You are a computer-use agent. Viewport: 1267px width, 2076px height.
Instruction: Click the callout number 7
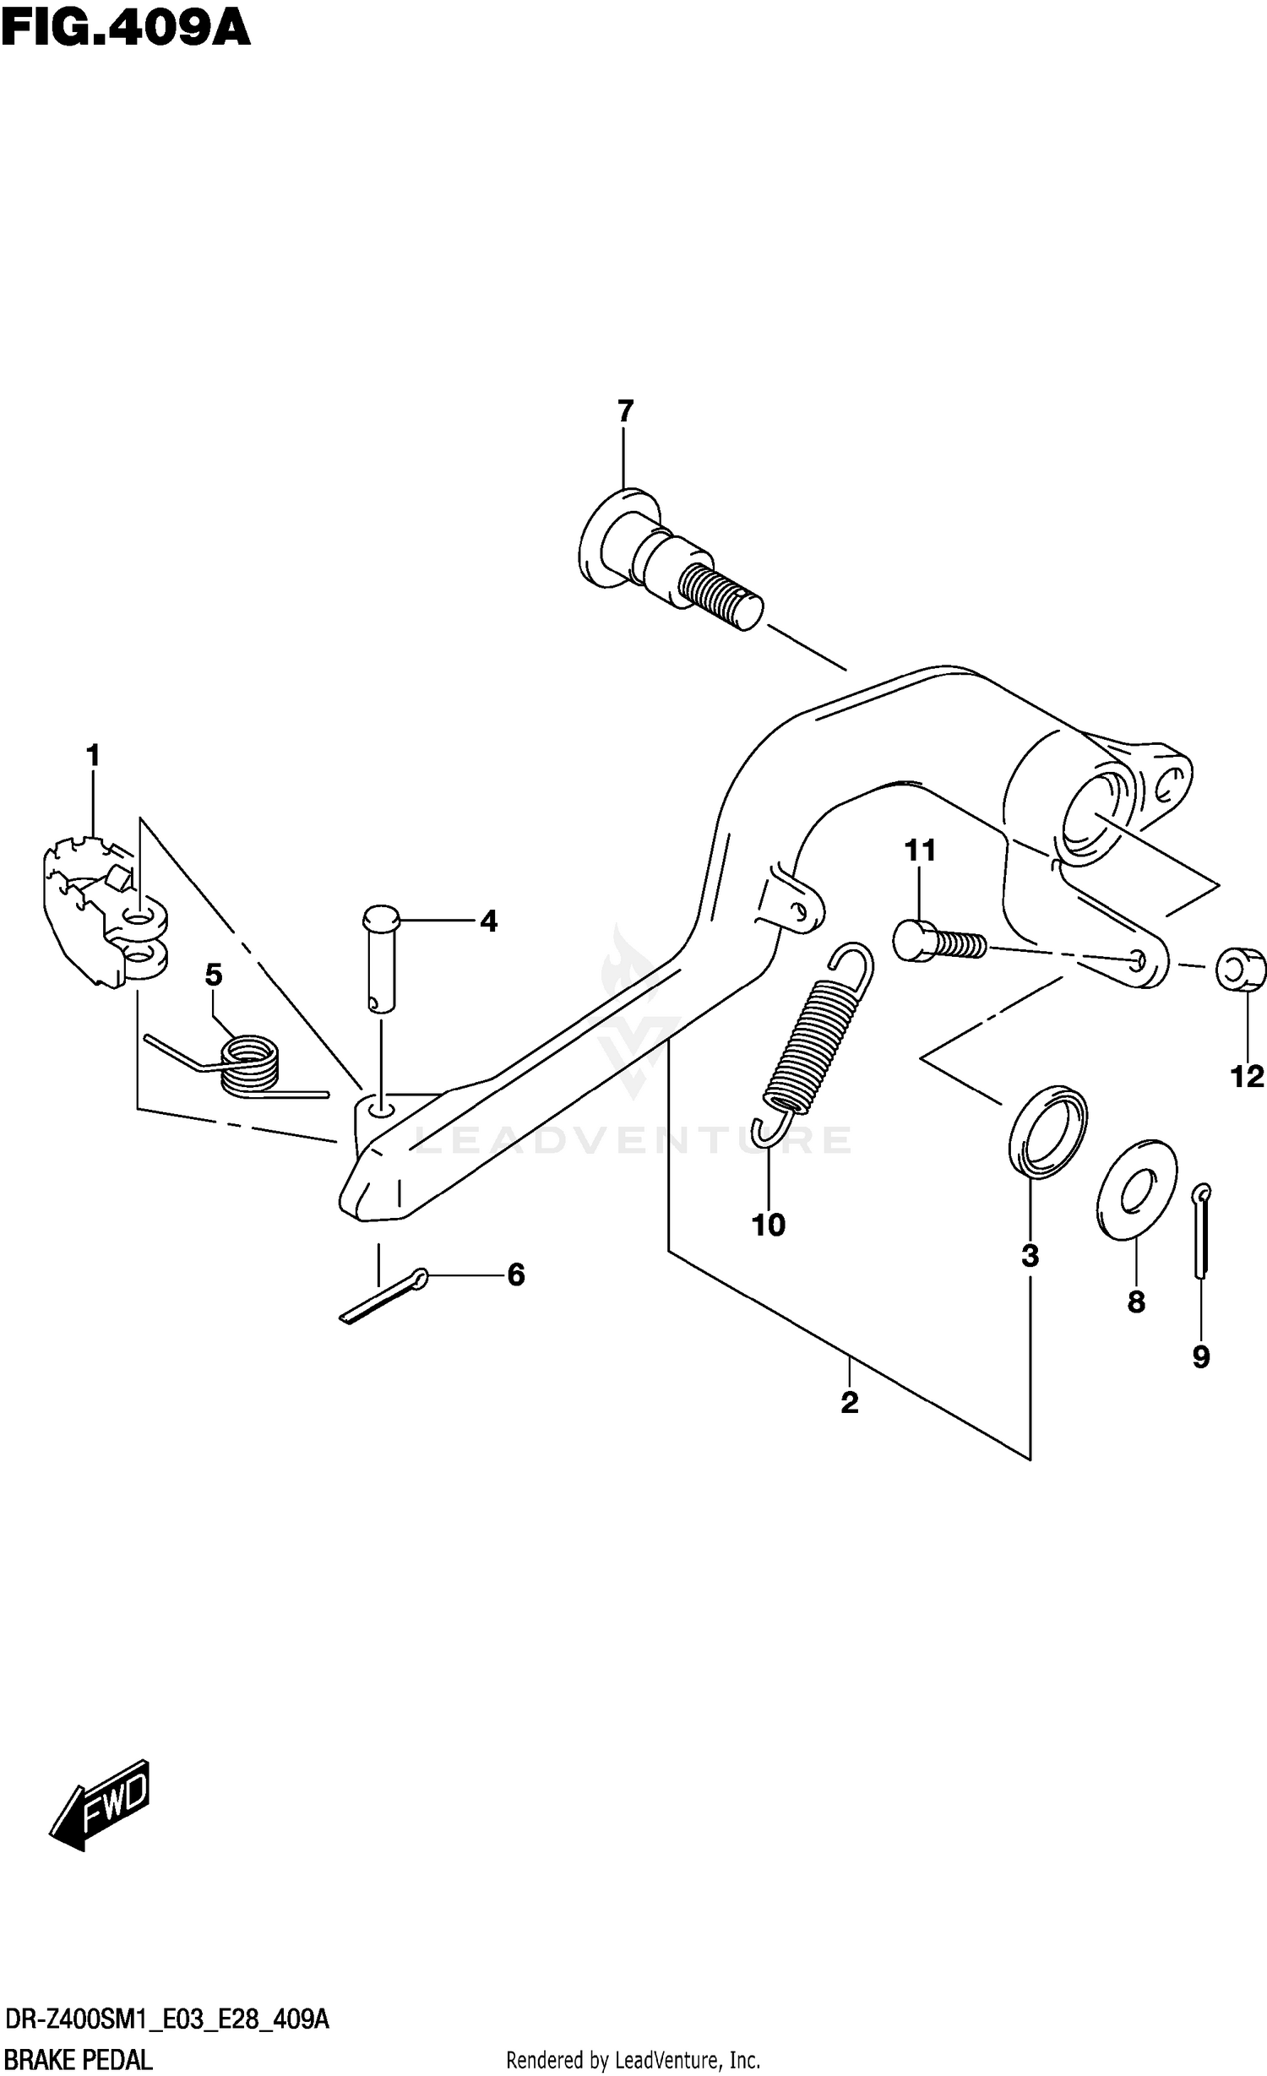624,411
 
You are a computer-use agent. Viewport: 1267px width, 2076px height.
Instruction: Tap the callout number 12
1247,1076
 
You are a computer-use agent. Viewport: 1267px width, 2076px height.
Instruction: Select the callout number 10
768,1224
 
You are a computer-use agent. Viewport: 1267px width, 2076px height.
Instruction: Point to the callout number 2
849,1402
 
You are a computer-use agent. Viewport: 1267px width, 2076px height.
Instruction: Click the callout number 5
214,975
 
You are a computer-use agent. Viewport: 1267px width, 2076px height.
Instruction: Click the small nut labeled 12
1241,969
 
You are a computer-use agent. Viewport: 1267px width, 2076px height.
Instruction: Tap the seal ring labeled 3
1047,1131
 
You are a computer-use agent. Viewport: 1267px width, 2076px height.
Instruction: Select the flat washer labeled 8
1136,1190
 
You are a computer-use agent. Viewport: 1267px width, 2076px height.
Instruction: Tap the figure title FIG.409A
127,29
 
